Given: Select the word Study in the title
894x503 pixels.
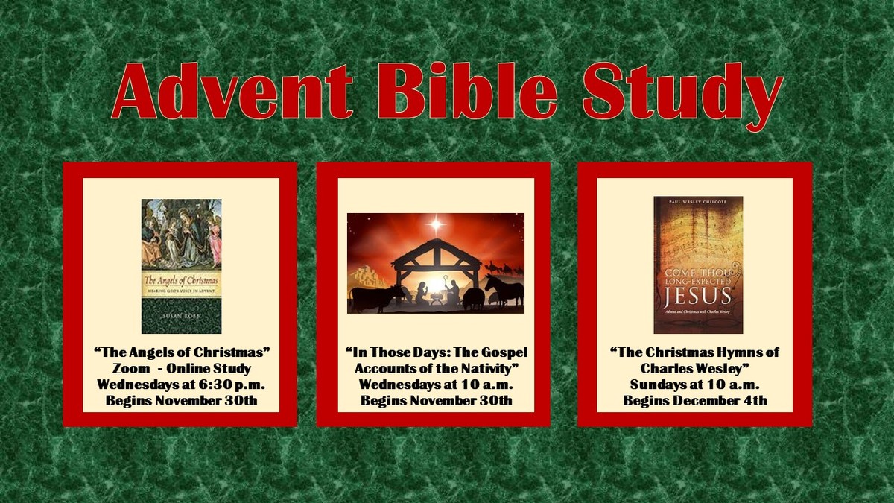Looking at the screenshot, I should pos(682,93).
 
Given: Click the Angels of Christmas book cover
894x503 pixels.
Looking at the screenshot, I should pos(181,266).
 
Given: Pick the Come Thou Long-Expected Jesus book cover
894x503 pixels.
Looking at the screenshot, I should pos(698,265).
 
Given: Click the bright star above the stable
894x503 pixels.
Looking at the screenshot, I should pos(435,224).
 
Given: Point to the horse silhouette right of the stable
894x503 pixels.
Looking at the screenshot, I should pos(504,289).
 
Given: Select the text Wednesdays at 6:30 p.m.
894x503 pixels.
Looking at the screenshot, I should pos(181,385).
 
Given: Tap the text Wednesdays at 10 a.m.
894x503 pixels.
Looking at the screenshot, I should pos(436,385).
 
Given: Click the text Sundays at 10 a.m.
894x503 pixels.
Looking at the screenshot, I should pos(694,385).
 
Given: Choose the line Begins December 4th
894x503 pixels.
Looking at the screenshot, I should pos(694,401).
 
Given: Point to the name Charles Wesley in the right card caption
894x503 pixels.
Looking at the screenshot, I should pos(694,368).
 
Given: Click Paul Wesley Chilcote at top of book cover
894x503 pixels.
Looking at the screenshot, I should pos(698,201).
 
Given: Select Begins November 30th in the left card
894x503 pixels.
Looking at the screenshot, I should pos(181,401).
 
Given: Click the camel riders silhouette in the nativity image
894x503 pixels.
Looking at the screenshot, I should pos(501,266).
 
